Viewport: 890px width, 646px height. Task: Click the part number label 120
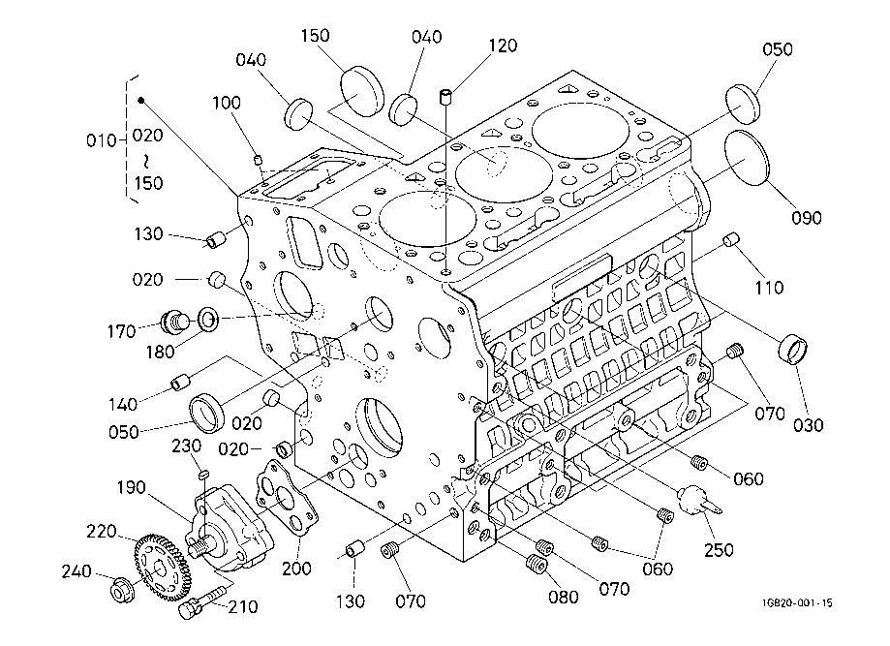503,46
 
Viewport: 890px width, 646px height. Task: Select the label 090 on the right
806,219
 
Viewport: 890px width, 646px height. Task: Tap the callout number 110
770,288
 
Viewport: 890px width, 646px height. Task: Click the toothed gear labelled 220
159,564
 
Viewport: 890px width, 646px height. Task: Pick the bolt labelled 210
199,601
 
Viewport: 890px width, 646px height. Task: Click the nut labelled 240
122,587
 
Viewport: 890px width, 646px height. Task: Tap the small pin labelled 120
446,96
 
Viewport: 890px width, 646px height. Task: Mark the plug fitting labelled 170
175,319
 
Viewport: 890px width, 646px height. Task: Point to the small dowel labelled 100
259,160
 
